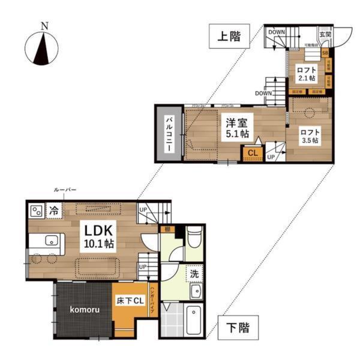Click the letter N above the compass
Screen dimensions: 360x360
pyautogui.click(x=44, y=26)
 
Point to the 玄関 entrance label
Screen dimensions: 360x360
pyautogui.click(x=325, y=35)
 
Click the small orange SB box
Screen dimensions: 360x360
pyautogui.click(x=325, y=53)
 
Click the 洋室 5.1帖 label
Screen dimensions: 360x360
pyautogui.click(x=237, y=128)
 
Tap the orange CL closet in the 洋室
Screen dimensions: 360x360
pyautogui.click(x=253, y=153)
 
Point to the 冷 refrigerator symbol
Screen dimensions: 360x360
pyautogui.click(x=53, y=211)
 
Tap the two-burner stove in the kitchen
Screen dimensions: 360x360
pyautogui.click(x=35, y=211)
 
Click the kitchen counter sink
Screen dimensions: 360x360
pyautogui.click(x=50, y=241)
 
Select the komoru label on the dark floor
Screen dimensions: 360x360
pyautogui.click(x=84, y=309)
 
